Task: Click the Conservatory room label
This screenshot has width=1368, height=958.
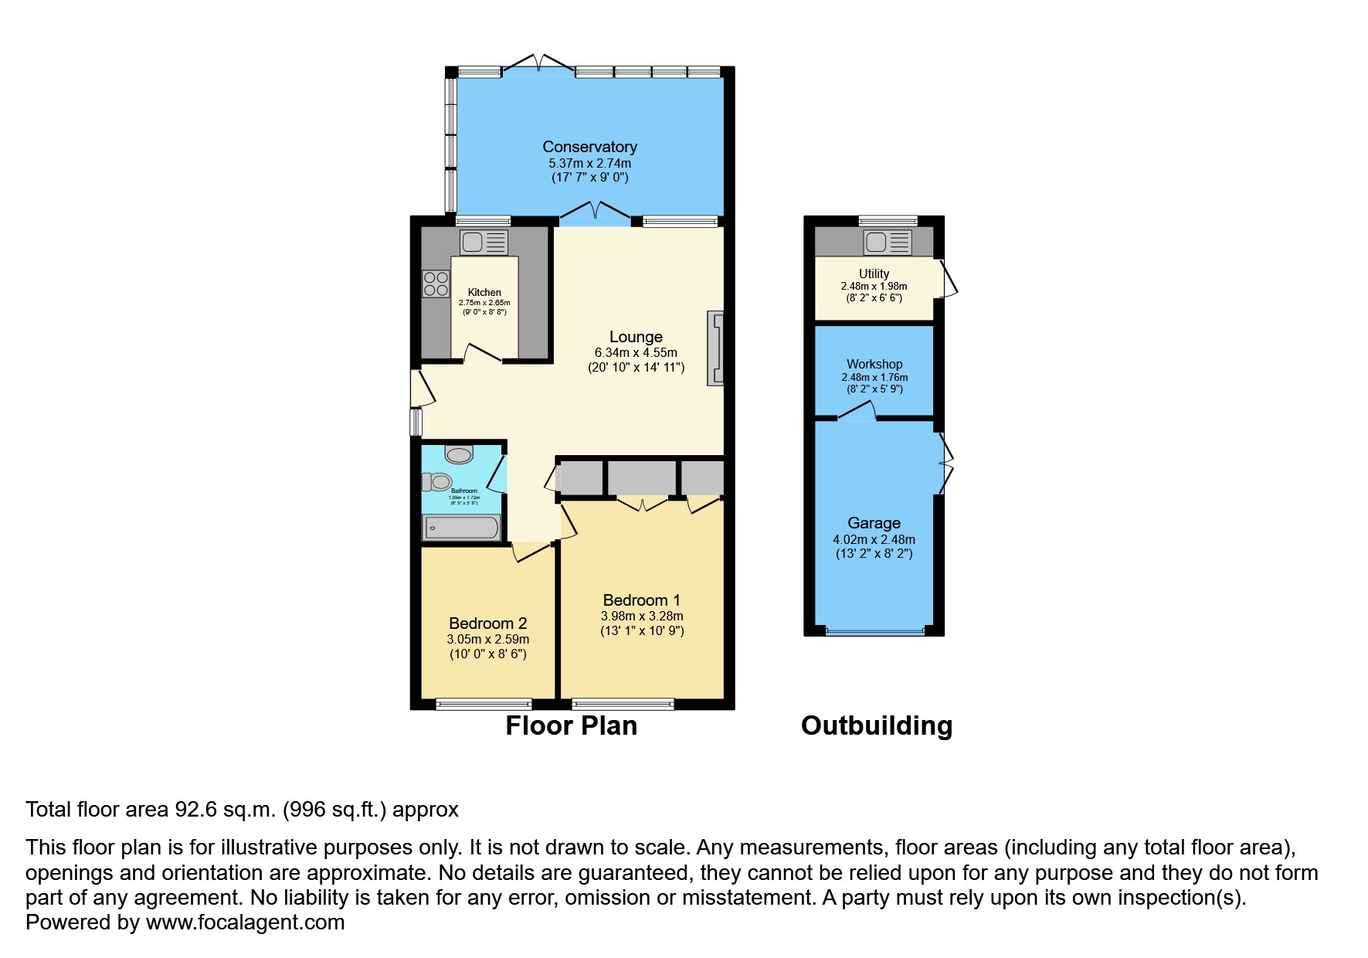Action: tap(589, 147)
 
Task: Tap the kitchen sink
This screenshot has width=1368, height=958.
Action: tap(484, 243)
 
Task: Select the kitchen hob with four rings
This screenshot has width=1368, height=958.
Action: tap(436, 284)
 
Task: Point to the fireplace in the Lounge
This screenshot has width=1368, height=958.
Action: tap(715, 348)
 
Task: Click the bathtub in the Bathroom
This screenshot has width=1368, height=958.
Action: tap(462, 528)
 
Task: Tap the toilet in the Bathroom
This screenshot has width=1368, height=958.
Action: tap(437, 482)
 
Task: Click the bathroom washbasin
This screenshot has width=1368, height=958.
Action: tap(459, 454)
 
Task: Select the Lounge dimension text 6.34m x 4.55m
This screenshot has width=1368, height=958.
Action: tap(636, 352)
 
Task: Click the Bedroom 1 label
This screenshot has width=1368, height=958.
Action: tap(641, 600)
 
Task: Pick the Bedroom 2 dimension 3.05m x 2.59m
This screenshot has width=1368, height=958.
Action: tap(487, 639)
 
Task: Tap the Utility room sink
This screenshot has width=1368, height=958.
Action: tap(887, 243)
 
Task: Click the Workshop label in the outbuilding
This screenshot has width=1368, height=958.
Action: tap(874, 364)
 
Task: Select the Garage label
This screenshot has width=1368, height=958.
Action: tap(874, 523)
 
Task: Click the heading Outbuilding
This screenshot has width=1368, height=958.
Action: tap(876, 725)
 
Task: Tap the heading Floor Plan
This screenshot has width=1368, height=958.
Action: tap(571, 725)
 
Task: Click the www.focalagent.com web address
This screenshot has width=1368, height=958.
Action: tap(245, 922)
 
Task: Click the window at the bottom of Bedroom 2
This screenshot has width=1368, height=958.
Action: tap(484, 704)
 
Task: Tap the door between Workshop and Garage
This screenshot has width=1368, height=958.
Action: tap(856, 412)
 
